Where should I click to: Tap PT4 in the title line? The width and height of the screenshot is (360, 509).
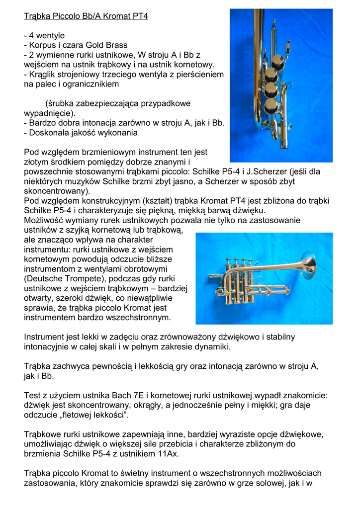(140, 16)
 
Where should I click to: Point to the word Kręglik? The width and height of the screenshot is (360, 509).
(44, 75)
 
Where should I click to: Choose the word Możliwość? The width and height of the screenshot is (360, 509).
(45, 220)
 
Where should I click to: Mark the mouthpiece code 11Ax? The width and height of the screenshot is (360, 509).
(168, 454)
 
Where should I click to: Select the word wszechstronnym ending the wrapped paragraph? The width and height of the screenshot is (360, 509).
(141, 317)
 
